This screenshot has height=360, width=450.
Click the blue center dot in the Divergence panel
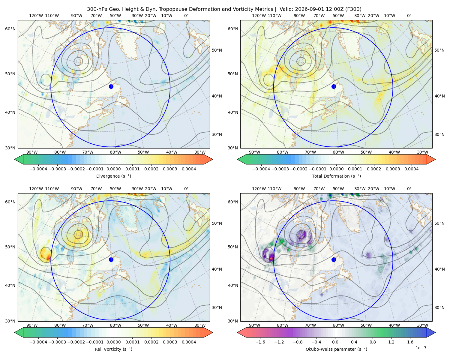(111, 86)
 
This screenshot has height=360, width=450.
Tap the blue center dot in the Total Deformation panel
(334, 86)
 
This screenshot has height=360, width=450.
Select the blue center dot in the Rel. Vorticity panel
(111, 259)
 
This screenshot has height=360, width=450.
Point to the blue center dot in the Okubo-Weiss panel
(334, 259)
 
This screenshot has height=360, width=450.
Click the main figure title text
(224, 9)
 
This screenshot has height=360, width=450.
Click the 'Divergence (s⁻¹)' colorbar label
(113, 176)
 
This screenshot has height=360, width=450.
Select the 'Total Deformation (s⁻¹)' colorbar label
(336, 176)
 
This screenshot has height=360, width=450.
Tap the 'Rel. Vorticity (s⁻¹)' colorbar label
(113, 349)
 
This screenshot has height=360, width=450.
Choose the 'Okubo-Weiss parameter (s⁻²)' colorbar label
(336, 349)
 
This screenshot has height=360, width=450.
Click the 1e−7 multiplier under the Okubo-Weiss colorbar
(421, 348)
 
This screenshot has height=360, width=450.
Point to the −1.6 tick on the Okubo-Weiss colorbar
(260, 342)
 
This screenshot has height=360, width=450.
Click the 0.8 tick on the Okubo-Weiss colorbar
(373, 342)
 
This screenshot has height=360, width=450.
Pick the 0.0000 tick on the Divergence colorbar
(113, 169)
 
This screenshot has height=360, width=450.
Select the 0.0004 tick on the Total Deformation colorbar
(412, 169)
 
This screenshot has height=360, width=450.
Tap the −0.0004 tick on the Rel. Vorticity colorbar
(38, 342)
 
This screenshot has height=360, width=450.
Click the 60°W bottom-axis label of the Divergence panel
(115, 152)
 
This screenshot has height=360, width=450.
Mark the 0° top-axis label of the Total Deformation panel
(409, 16)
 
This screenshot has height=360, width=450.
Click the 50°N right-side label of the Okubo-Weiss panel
(439, 223)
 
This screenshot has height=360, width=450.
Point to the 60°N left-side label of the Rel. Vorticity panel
(10, 202)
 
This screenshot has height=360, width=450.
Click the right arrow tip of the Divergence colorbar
(212, 159)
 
